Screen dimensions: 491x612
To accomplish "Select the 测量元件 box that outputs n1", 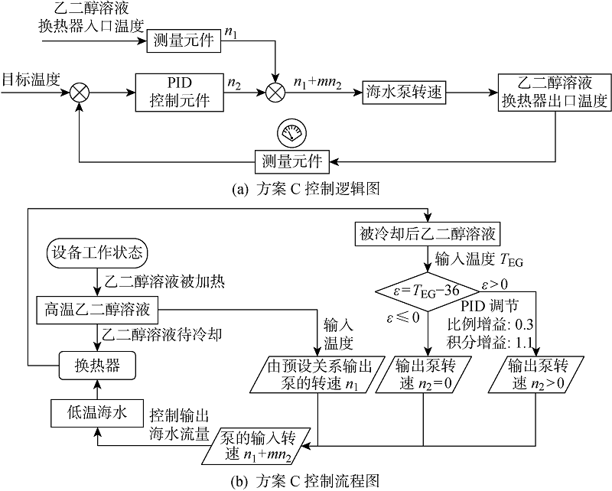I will coord(184,41).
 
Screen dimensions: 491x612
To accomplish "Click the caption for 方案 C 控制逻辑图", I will coord(305,186).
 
